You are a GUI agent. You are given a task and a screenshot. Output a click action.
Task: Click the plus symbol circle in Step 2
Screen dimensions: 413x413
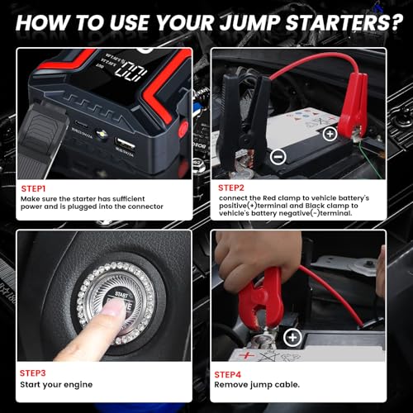[x=329, y=133]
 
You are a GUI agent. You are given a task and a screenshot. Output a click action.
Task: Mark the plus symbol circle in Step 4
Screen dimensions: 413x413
[x=292, y=336]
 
